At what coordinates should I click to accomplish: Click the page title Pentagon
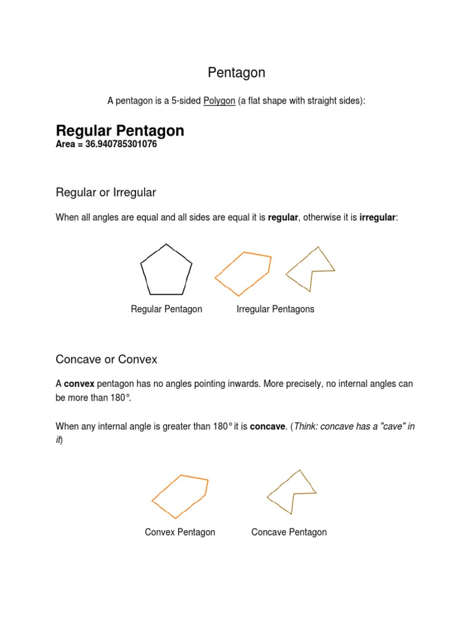[x=236, y=73]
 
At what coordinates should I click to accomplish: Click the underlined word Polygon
[x=219, y=100]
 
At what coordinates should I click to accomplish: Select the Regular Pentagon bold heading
[x=120, y=131]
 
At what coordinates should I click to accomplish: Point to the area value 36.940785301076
[x=116, y=145]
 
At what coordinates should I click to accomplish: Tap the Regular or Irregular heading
[x=106, y=192]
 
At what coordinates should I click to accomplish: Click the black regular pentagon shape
[x=166, y=270]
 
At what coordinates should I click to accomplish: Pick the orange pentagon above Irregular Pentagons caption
[x=243, y=273]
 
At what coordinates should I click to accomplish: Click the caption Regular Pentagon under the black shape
[x=166, y=309]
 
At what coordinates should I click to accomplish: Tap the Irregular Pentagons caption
[x=275, y=309]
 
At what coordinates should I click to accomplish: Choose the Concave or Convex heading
[x=107, y=359]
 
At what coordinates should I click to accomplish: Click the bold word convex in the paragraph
[x=79, y=383]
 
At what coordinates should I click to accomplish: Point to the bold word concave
[x=267, y=426]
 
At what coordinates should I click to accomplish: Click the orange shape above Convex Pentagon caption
[x=180, y=495]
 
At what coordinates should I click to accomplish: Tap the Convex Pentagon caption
[x=180, y=532]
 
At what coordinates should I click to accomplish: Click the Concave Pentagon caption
[x=289, y=532]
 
